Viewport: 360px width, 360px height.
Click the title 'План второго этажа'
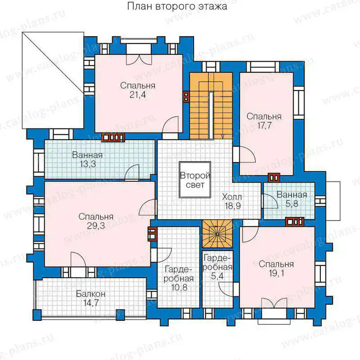(177, 6)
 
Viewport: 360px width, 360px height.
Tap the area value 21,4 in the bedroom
(138, 94)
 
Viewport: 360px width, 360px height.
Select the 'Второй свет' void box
(195, 180)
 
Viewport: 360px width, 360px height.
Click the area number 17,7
(264, 126)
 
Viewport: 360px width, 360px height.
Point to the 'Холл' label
(232, 197)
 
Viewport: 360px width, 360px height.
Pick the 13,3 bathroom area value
(87, 164)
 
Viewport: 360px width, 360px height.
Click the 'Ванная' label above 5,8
(292, 195)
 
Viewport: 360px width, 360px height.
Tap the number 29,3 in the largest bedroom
(96, 225)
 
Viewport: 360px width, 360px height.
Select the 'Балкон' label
(91, 294)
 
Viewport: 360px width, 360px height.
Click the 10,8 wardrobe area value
(179, 287)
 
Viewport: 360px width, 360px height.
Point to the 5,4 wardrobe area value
(217, 276)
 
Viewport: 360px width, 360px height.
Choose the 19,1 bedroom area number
(276, 273)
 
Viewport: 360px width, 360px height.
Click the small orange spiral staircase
(217, 234)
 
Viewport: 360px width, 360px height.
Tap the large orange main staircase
(211, 106)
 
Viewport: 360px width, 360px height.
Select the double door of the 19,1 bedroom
(274, 302)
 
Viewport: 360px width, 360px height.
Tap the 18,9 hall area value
(233, 206)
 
